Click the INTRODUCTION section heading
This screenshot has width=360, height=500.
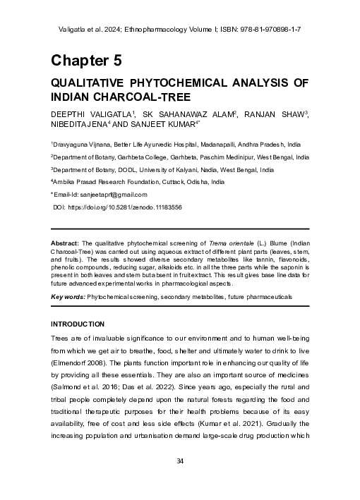click(77, 324)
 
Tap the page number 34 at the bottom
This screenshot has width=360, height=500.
click(179, 461)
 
